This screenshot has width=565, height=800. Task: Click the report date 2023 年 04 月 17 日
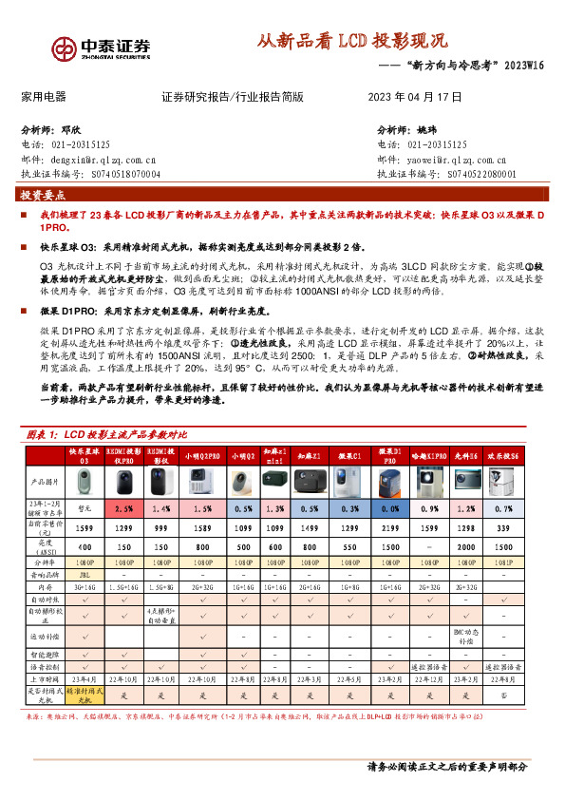coord(414,97)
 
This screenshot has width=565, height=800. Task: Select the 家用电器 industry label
coord(43,97)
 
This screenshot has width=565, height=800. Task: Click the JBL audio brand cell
coord(84,574)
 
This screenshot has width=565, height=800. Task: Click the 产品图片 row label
coord(41,482)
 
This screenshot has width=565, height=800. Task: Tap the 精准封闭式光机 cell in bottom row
coord(84,695)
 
